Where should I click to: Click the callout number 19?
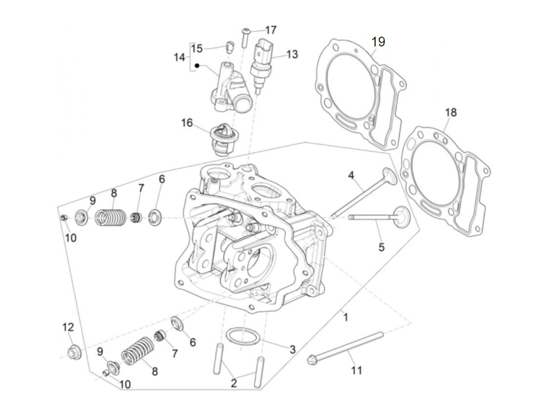coord(378,42)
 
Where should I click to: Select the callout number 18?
coord(451,113)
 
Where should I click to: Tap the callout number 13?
coord(292,54)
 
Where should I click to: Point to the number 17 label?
coord(271,30)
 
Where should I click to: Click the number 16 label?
coord(187,123)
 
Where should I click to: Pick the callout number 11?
coord(356,370)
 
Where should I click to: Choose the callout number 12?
coord(68,327)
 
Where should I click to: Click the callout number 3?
coord(292,349)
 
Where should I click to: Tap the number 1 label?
coord(346,317)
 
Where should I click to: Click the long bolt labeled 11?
coord(346,347)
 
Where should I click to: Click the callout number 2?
coord(234,383)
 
